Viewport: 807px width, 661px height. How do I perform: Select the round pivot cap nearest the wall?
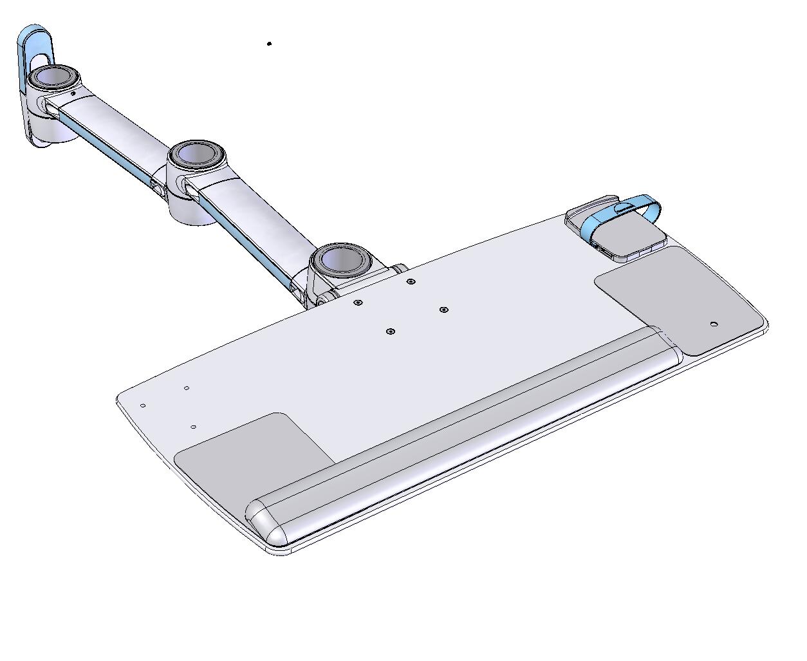click(x=54, y=78)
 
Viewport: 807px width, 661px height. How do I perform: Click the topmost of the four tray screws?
click(x=411, y=282)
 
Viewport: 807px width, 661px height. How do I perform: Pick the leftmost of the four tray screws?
click(x=358, y=303)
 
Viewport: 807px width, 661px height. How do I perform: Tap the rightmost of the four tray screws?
click(x=443, y=310)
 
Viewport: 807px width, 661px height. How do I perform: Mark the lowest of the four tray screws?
click(x=390, y=332)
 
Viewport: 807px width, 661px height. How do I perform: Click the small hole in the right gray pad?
click(x=713, y=324)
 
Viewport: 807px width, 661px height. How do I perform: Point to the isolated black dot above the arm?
click(x=269, y=44)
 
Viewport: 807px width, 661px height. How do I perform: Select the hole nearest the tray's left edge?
click(x=143, y=406)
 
